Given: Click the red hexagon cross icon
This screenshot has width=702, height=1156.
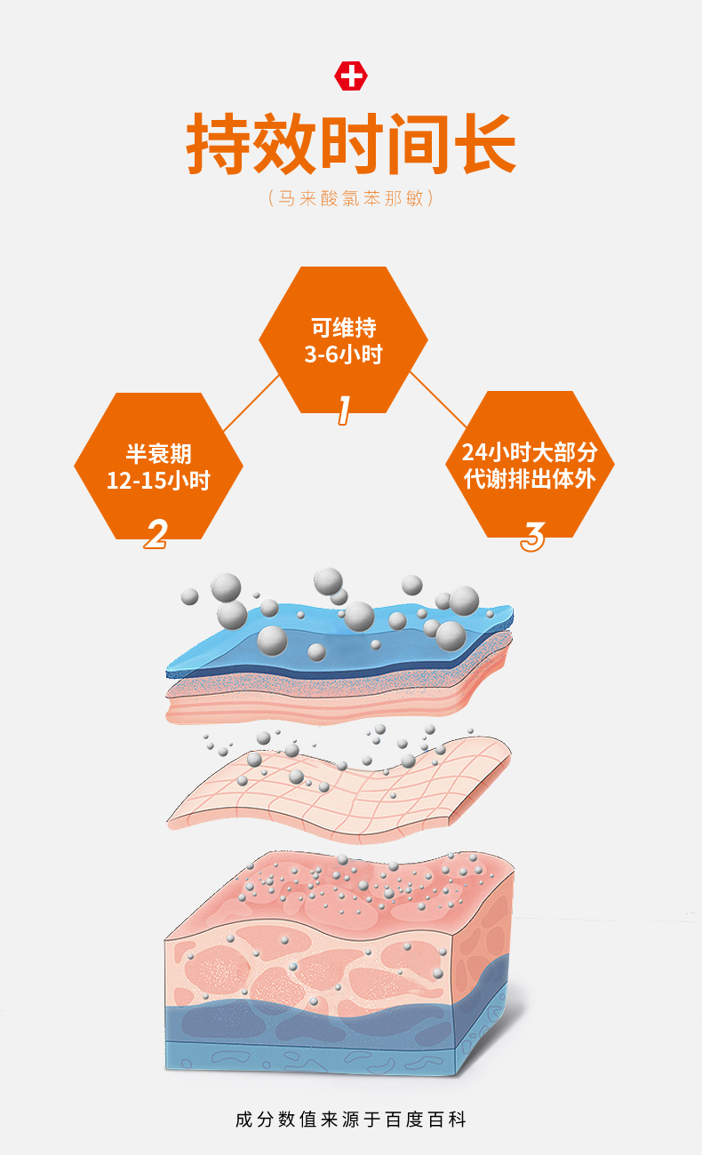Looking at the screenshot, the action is click(x=351, y=76).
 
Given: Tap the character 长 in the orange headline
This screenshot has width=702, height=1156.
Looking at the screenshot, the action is click(x=484, y=143).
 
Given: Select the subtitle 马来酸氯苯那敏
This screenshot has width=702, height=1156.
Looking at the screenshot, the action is click(x=350, y=198).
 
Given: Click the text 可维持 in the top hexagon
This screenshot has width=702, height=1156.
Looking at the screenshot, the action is click(x=343, y=328).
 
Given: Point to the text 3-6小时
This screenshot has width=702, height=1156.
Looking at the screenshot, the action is click(x=343, y=355).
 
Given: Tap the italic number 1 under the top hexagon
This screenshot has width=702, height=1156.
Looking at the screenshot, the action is click(x=344, y=411).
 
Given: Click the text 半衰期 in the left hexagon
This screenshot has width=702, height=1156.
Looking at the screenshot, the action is click(x=158, y=454).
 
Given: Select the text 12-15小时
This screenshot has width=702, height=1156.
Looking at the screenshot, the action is click(x=158, y=481).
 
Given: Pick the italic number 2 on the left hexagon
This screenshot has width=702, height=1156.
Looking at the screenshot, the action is click(x=156, y=534).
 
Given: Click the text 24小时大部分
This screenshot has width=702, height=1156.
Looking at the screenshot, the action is click(x=530, y=452).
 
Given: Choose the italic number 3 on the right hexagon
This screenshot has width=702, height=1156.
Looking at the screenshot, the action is click(x=532, y=537).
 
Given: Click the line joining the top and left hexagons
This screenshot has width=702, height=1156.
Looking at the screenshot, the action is click(x=251, y=403).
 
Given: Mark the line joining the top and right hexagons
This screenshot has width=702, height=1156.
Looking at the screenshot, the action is click(x=438, y=400).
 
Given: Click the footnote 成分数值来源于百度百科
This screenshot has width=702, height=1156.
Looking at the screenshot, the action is click(x=351, y=1120).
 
